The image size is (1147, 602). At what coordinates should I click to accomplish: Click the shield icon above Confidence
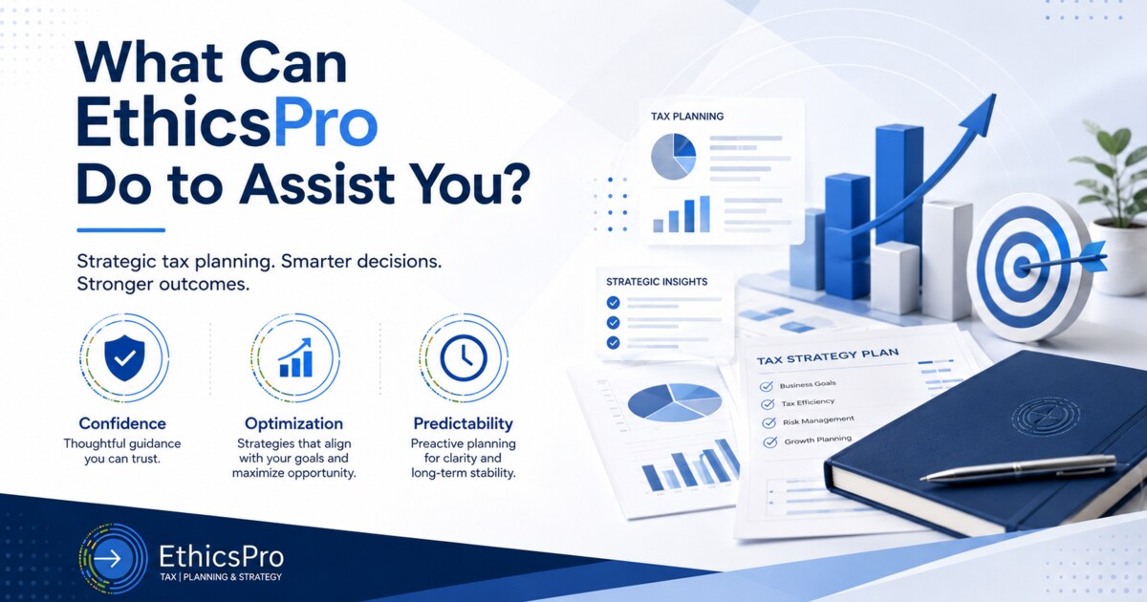(x=124, y=357)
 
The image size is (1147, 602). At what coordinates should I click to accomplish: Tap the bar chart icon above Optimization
(x=295, y=357)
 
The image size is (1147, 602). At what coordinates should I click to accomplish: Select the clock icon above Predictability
(x=464, y=357)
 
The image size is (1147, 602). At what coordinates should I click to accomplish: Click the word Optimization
(x=293, y=423)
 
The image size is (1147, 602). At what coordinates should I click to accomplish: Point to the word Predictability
(x=463, y=423)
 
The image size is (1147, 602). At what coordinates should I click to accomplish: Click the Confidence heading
(x=122, y=423)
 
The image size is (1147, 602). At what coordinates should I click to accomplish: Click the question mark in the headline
(x=513, y=182)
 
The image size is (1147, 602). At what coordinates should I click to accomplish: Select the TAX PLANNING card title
(x=687, y=117)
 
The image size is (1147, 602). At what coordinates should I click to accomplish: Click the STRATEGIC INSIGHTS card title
(x=657, y=282)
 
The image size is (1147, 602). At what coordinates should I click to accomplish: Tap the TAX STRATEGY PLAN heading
(x=828, y=356)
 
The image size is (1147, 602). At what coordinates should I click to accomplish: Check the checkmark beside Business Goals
(x=766, y=386)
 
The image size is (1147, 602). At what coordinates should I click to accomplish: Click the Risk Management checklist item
(x=818, y=420)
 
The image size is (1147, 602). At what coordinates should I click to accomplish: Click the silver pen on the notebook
(x=1018, y=468)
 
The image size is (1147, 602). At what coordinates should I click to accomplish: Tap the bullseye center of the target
(x=1022, y=267)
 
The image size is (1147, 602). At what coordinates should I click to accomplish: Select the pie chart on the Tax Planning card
(x=673, y=157)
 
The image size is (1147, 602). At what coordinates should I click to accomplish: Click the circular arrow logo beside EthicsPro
(x=113, y=558)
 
